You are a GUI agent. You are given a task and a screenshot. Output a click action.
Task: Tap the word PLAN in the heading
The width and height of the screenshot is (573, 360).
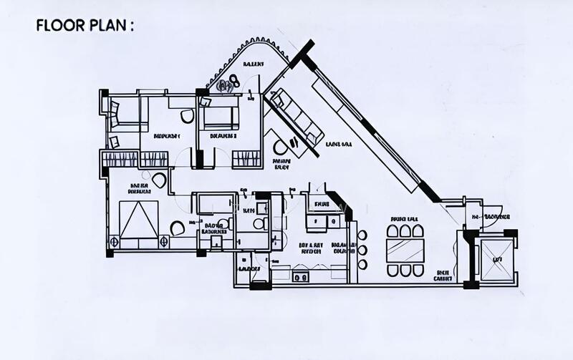[x=105, y=26]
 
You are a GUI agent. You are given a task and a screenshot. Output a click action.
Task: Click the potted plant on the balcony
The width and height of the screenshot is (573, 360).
[x=228, y=84]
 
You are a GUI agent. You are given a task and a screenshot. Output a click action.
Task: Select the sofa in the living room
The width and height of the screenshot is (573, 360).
[x=297, y=116]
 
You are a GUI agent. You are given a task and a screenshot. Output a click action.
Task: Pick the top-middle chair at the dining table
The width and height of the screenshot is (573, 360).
[x=405, y=231]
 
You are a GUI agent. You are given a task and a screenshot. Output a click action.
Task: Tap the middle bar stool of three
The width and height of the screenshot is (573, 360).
[x=362, y=250]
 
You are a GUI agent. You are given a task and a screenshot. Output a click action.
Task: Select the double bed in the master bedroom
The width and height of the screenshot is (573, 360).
[x=138, y=220]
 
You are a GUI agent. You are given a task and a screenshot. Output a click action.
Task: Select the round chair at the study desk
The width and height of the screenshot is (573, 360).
[x=281, y=147]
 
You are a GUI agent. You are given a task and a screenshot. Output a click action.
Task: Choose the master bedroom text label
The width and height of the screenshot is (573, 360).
[x=138, y=188]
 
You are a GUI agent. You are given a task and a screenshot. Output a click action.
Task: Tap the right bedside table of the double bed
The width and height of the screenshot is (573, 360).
[x=176, y=228]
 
